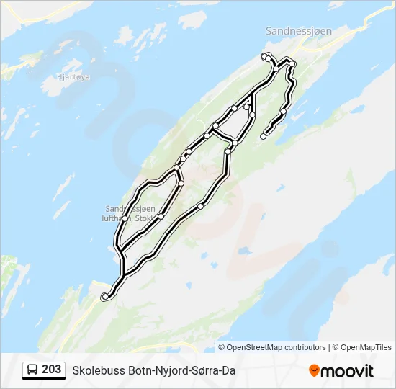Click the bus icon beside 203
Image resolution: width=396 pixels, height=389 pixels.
click(x=32, y=370)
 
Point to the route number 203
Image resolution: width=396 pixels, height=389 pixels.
click(x=52, y=370)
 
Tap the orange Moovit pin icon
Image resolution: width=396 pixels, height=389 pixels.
click(x=314, y=371)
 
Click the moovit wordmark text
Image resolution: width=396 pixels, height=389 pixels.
click(x=348, y=371)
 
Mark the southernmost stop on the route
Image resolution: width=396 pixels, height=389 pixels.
click(x=105, y=295)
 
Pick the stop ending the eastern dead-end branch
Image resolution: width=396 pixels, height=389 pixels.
click(x=263, y=136)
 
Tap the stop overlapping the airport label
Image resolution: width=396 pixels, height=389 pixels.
click(x=125, y=218)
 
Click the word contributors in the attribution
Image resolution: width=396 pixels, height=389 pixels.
click(x=305, y=347)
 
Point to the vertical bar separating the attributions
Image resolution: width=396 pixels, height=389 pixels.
click(x=330, y=347)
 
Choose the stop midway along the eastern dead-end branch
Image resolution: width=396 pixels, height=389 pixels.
click(x=283, y=112)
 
